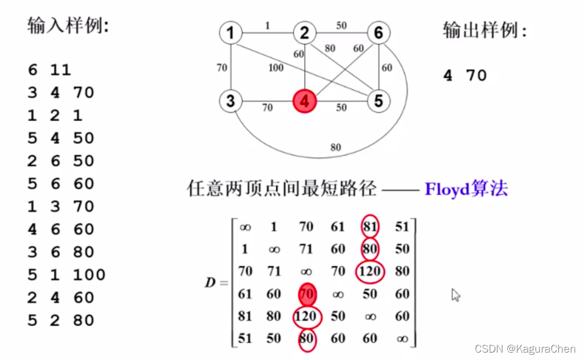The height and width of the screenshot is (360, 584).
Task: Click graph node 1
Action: pyautogui.click(x=230, y=33)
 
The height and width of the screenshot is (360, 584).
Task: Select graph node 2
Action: pyautogui.click(x=305, y=33)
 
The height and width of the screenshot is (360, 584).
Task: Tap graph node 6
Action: pyautogui.click(x=378, y=33)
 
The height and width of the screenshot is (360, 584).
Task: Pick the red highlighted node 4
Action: pyautogui.click(x=305, y=101)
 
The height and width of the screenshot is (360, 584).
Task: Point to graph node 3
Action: pyautogui.click(x=230, y=101)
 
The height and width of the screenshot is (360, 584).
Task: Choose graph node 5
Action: pyautogui.click(x=378, y=101)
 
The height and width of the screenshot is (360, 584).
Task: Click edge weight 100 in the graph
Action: pyautogui.click(x=275, y=68)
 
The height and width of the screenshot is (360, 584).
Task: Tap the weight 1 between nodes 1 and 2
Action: pyautogui.click(x=268, y=25)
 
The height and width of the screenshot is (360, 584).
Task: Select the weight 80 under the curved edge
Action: pyautogui.click(x=335, y=148)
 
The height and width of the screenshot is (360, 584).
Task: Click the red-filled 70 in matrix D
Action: pyautogui.click(x=306, y=294)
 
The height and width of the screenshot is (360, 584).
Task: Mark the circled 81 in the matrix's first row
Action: pyautogui.click(x=369, y=227)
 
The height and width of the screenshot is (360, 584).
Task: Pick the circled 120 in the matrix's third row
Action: pyautogui.click(x=369, y=271)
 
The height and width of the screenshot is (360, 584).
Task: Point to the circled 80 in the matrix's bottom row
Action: pyautogui.click(x=306, y=338)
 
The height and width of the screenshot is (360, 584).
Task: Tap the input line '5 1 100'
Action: pyautogui.click(x=66, y=275)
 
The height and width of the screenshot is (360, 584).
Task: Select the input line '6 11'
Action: pyautogui.click(x=50, y=70)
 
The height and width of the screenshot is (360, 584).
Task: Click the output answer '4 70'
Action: pyautogui.click(x=465, y=75)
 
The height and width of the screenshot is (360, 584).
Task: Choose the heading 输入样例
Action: pyautogui.click(x=68, y=26)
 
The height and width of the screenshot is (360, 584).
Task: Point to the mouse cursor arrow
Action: pyautogui.click(x=455, y=294)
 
